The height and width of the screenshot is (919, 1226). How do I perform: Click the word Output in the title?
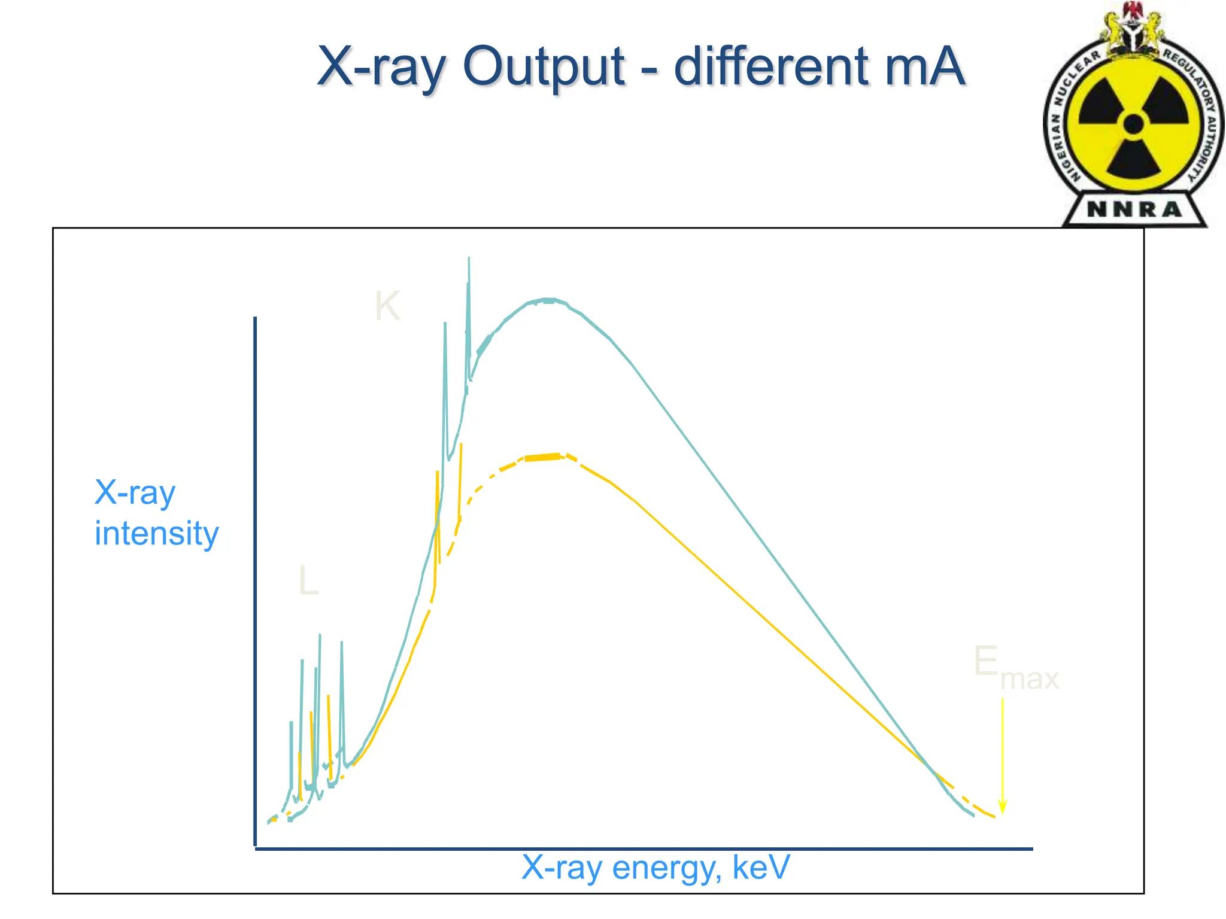[x=544, y=67]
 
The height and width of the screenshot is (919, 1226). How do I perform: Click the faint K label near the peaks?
[x=387, y=306]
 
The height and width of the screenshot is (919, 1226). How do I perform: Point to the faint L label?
[x=308, y=580]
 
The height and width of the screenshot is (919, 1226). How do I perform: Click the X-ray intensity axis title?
[x=156, y=513]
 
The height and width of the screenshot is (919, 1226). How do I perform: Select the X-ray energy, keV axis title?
[x=656, y=867]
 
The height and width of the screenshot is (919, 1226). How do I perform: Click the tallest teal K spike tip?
[x=469, y=258]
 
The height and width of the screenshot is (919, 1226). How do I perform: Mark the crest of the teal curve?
[x=548, y=299]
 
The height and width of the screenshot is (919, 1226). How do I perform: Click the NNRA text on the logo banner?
[x=1134, y=209]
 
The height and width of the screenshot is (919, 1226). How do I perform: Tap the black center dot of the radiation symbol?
[x=1133, y=124]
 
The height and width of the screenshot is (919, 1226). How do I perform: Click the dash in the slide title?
[x=649, y=70]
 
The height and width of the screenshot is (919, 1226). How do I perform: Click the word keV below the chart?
[x=761, y=867]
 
